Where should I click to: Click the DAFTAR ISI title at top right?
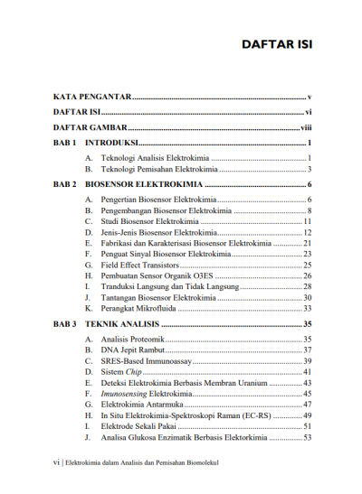point(276,46)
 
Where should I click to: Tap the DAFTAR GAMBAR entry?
point(89,128)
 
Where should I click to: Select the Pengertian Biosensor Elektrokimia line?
point(158,200)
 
